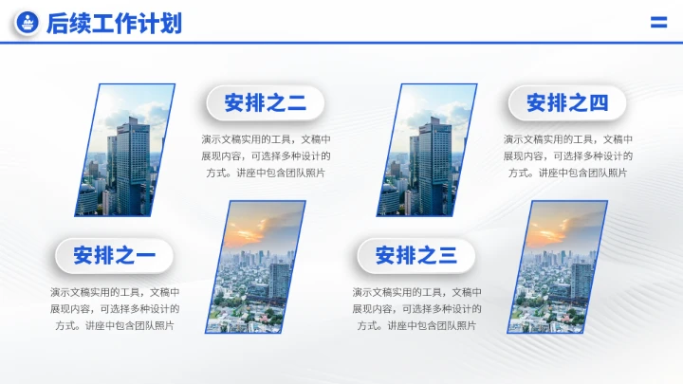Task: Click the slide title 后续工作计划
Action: pyautogui.click(x=114, y=24)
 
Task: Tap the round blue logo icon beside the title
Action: pyautogui.click(x=28, y=24)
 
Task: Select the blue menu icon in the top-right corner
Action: pyautogui.click(x=658, y=23)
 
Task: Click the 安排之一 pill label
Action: pyautogui.click(x=114, y=255)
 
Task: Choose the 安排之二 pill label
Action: pyautogui.click(x=265, y=102)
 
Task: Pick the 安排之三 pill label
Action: pyautogui.click(x=415, y=255)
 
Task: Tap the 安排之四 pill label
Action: pyautogui.click(x=567, y=102)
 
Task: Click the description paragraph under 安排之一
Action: pyautogui.click(x=114, y=309)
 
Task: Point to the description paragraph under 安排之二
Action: pyautogui.click(x=265, y=155)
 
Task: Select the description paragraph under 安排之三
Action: pyautogui.click(x=415, y=309)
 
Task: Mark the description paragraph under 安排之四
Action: pyautogui.click(x=567, y=155)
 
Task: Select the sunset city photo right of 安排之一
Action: pyautogui.click(x=257, y=266)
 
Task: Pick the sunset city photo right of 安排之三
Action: pyautogui.click(x=559, y=266)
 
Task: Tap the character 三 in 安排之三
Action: pyautogui.click(x=447, y=255)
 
